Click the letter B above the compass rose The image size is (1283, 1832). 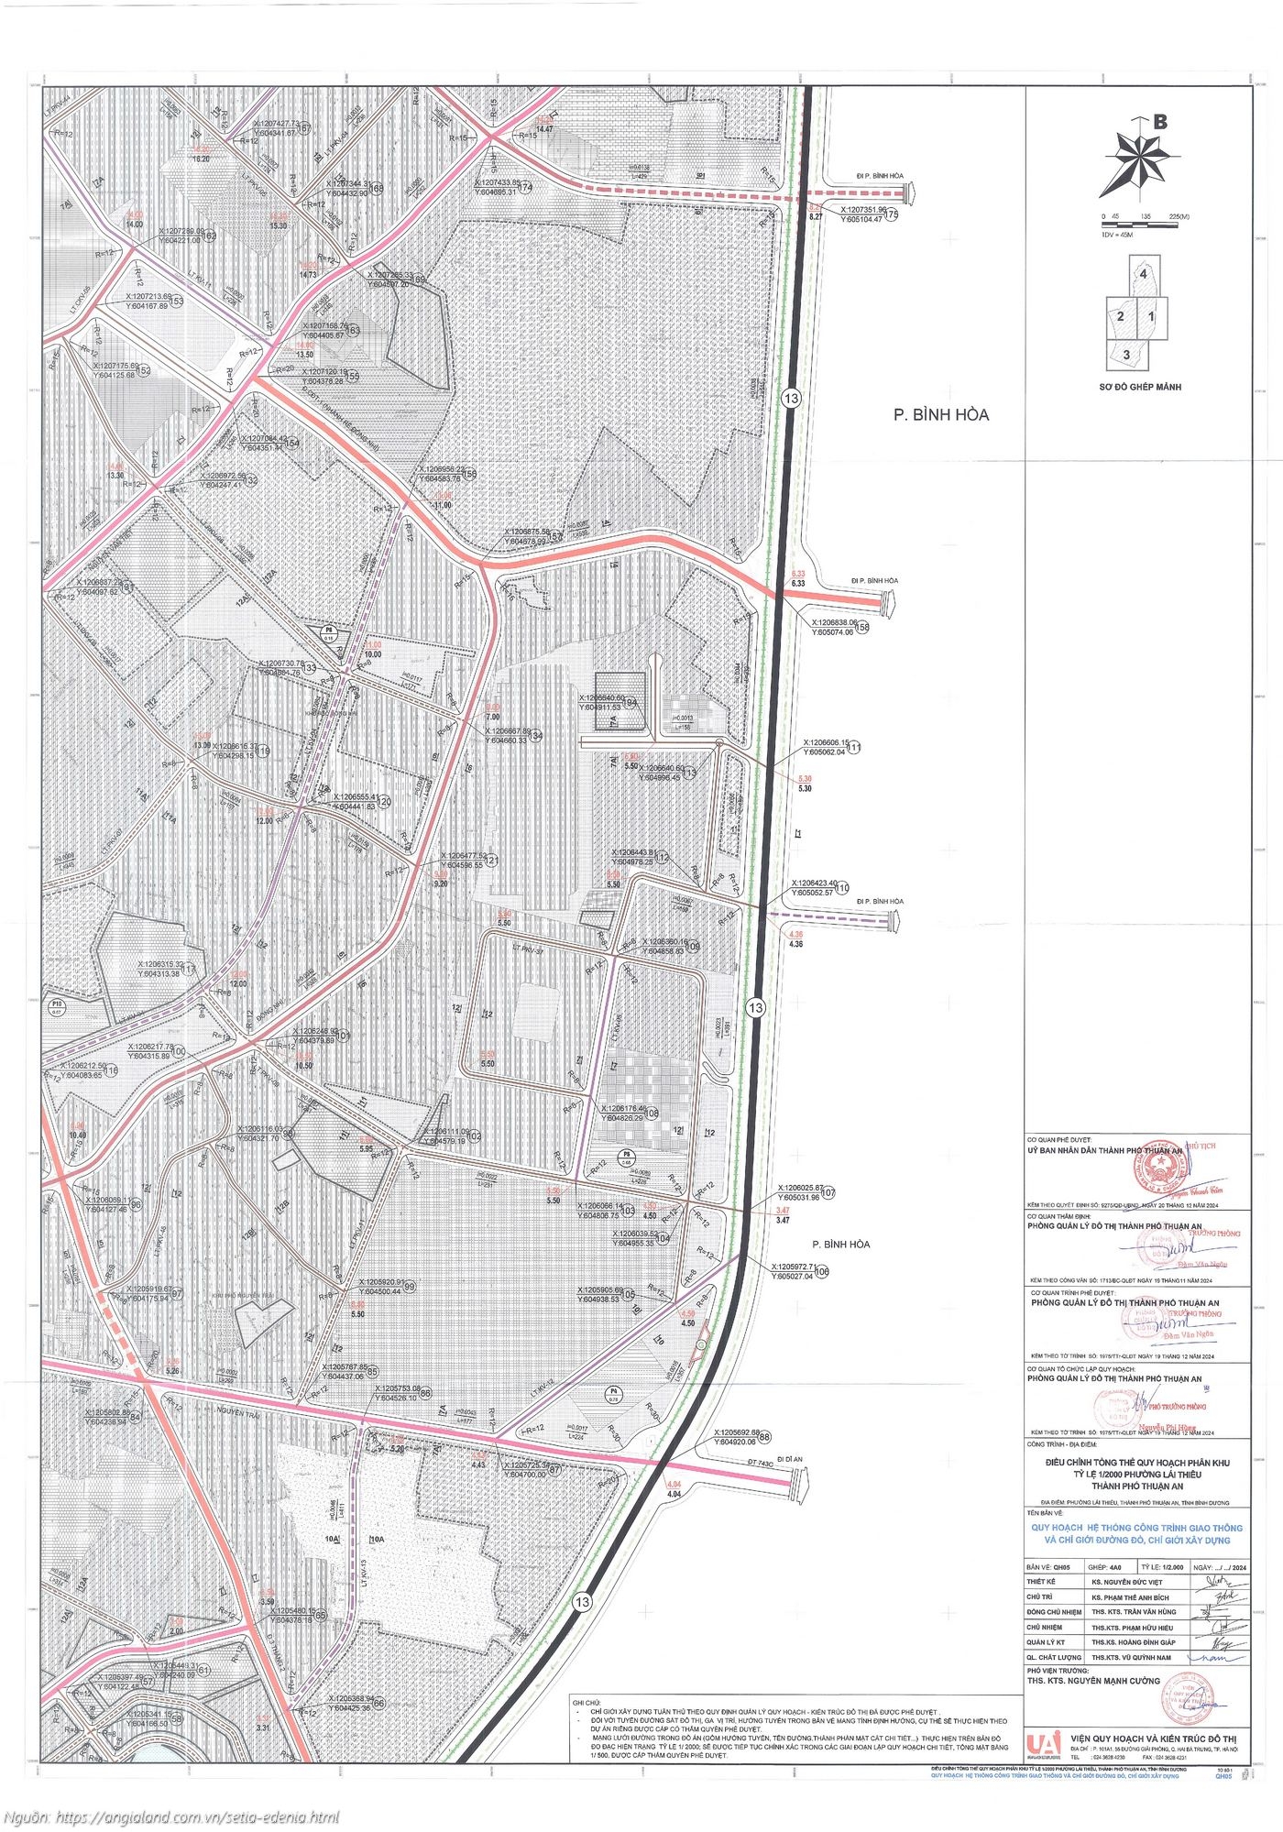(x=1160, y=121)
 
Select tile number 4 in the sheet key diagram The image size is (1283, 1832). (x=1143, y=274)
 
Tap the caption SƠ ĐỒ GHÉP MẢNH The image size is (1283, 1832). (x=1140, y=387)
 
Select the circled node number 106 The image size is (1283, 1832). (x=821, y=1272)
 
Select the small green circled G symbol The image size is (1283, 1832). (x=701, y=1344)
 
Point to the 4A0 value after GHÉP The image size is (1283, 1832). (x=1122, y=1566)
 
